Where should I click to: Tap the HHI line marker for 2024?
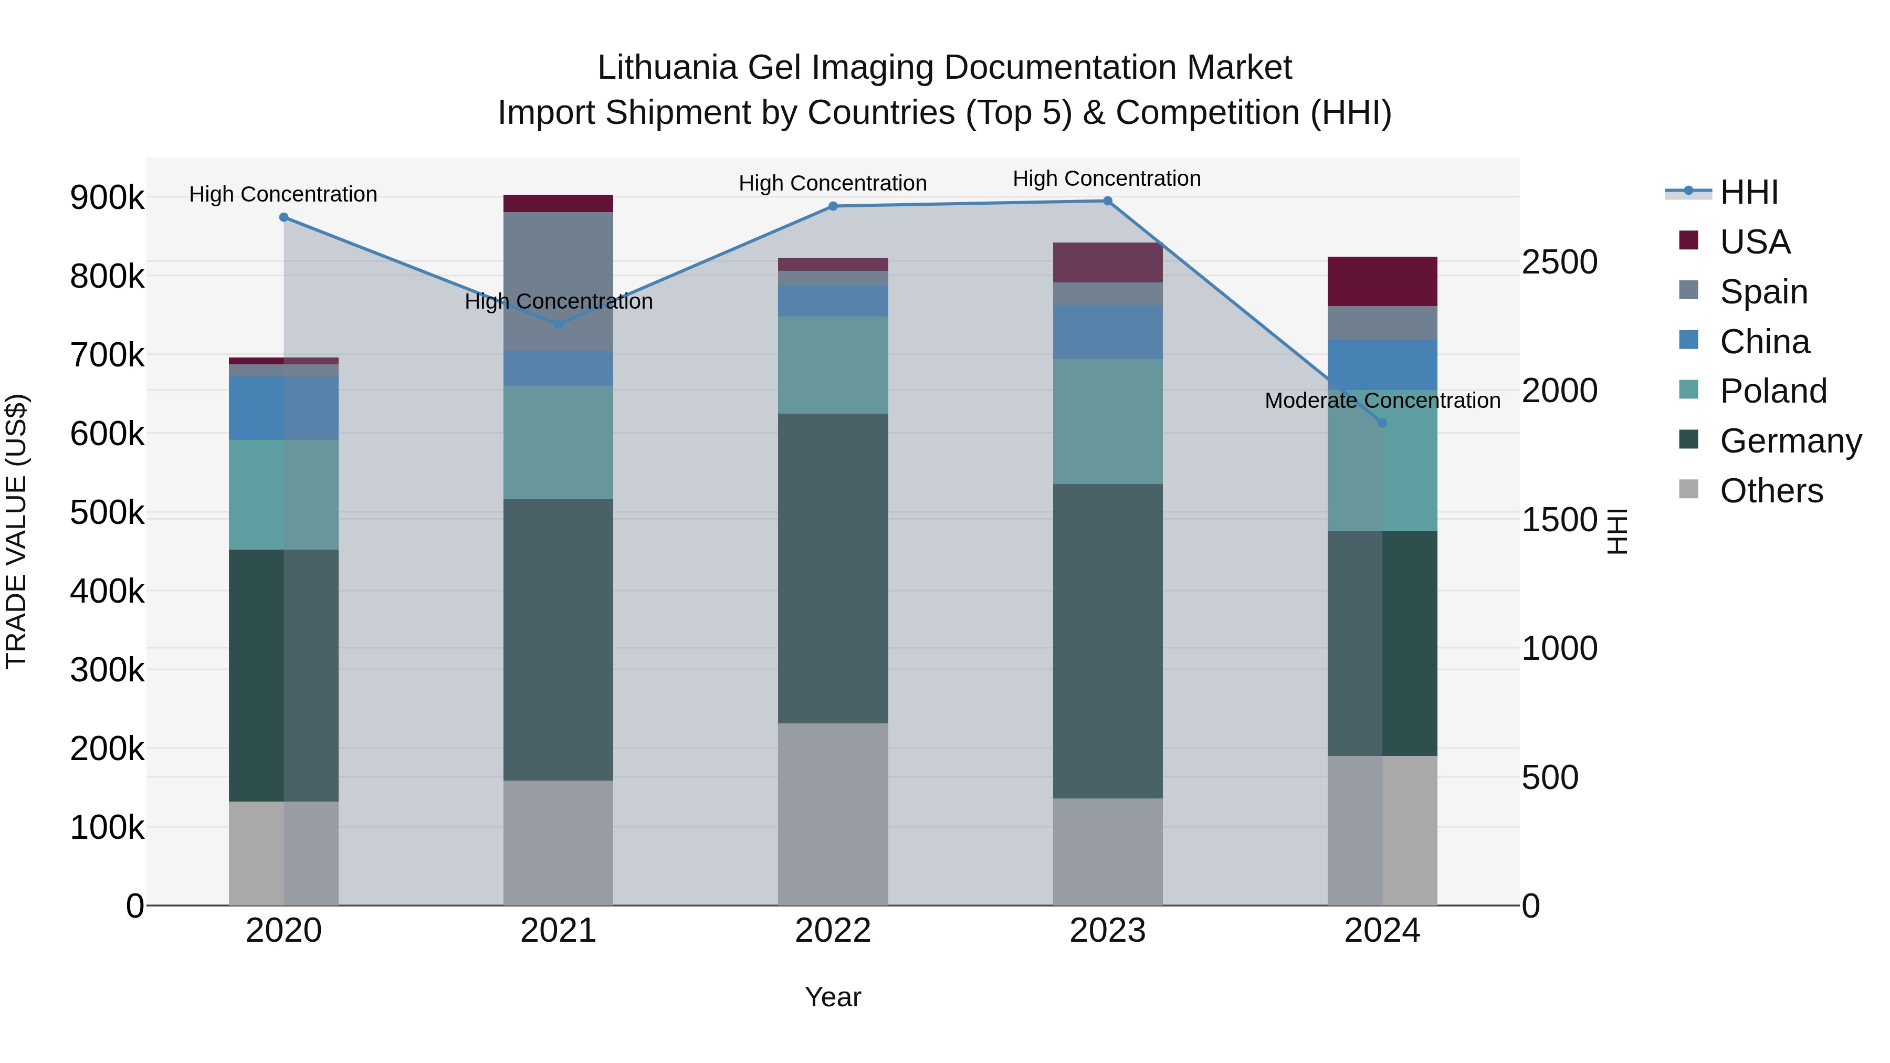tap(1382, 423)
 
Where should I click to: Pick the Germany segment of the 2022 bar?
tap(833, 569)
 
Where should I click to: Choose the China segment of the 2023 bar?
tap(1107, 332)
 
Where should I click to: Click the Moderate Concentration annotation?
tap(1382, 401)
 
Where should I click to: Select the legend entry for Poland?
tap(1772, 391)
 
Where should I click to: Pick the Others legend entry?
tap(1771, 491)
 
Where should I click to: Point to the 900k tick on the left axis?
tap(107, 197)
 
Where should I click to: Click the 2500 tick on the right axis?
tap(1559, 262)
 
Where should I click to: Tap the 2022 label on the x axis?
tap(833, 930)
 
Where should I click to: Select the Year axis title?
tap(833, 997)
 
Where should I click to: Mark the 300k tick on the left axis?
tap(107, 670)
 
